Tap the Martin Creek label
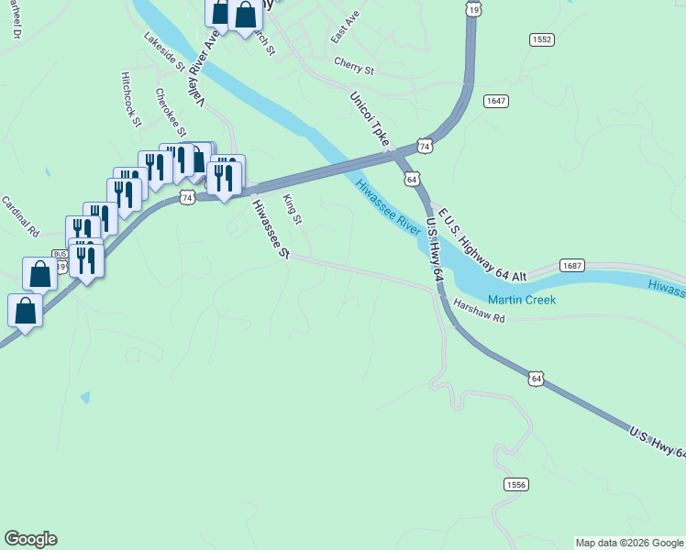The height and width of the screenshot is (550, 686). (521, 300)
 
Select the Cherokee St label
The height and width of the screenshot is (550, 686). (171, 112)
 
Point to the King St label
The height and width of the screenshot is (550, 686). (293, 209)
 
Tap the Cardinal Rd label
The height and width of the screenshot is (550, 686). (19, 216)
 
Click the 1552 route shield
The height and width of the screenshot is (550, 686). (542, 39)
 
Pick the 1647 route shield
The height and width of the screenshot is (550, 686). (496, 101)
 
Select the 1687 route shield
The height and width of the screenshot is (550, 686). (571, 266)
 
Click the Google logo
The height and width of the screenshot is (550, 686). (30, 539)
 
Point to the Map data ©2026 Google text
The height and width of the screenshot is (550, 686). (629, 543)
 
